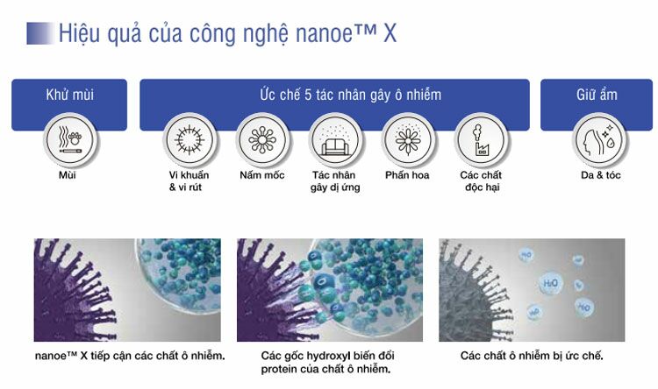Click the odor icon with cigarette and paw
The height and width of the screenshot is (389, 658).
click(x=70, y=139)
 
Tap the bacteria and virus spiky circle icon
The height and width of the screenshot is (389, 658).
click(x=190, y=139)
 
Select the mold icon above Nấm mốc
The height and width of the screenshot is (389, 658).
click(x=262, y=139)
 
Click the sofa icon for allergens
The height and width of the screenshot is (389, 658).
click(x=335, y=139)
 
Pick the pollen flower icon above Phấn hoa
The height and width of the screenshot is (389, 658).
click(x=408, y=139)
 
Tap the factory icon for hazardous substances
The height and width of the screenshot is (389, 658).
click(x=481, y=139)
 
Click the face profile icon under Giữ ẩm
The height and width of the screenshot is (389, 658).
click(x=599, y=139)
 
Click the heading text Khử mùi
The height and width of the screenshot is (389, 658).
click(x=69, y=95)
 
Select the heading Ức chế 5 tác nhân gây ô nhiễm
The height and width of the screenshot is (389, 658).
click(x=350, y=95)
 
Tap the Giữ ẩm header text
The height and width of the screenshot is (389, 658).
click(x=597, y=95)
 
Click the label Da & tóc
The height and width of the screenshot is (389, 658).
click(x=600, y=175)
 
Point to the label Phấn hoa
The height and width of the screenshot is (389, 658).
click(x=407, y=175)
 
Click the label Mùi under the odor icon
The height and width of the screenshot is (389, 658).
click(x=68, y=175)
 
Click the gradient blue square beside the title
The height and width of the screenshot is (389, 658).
click(x=40, y=33)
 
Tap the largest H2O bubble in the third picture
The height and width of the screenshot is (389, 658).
click(x=550, y=283)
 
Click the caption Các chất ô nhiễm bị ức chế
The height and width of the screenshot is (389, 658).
click(x=532, y=356)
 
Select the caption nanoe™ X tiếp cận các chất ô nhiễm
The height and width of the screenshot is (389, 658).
click(x=130, y=356)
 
